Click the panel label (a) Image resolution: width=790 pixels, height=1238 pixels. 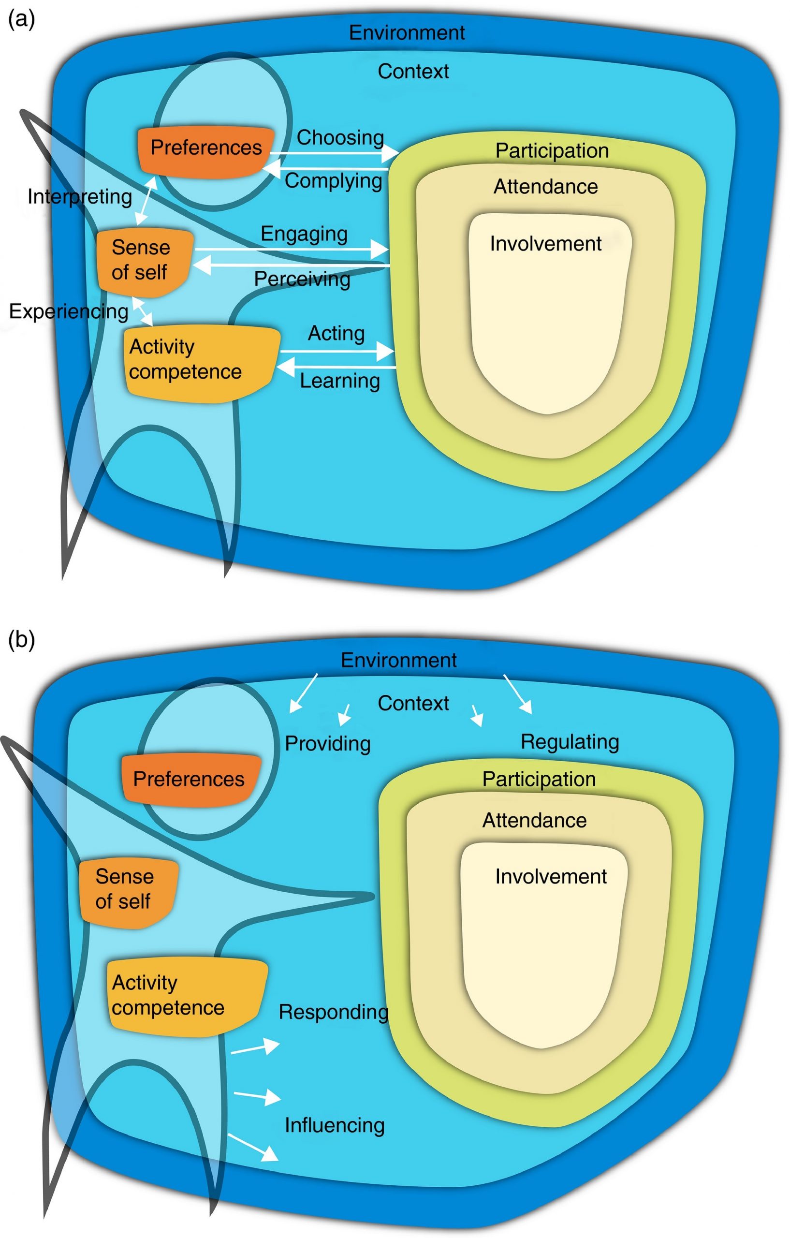[22, 21]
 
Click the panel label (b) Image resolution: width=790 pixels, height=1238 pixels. [22, 640]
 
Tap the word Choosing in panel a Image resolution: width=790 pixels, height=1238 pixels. [340, 138]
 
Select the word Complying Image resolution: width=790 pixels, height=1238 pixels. [334, 181]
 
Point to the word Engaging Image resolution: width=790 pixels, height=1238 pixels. [304, 234]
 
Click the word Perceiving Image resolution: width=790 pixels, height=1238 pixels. [302, 279]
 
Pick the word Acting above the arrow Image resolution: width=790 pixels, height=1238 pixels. [336, 334]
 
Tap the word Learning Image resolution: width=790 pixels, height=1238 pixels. [340, 381]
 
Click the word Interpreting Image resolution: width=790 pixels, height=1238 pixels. [80, 197]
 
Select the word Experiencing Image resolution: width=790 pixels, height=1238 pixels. [68, 311]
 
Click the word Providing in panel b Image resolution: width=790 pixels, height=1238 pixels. [328, 743]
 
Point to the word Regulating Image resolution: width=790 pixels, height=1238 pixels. [570, 742]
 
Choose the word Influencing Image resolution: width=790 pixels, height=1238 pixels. [335, 1125]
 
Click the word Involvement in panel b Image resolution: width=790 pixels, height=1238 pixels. [551, 877]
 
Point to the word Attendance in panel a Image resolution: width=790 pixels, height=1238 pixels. [545, 187]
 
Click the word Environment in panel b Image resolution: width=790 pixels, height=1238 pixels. [398, 660]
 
